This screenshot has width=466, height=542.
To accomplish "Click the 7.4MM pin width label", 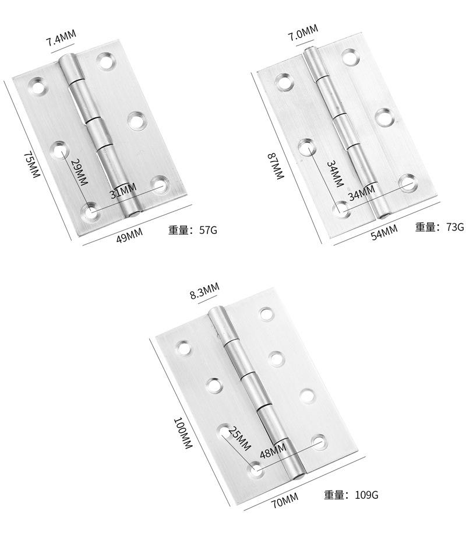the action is click(61, 38).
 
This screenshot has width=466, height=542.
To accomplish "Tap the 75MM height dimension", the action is click(32, 165).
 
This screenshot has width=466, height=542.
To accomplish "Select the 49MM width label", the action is click(129, 235).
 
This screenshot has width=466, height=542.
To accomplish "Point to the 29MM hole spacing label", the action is click(80, 172).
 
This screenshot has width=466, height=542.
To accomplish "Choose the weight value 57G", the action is click(208, 230).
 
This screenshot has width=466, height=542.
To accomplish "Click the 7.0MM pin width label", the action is click(303, 33).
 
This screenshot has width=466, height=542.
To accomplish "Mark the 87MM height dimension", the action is click(276, 166).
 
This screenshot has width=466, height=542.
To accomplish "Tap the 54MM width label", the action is click(384, 232).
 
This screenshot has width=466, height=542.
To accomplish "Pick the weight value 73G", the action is click(455, 227).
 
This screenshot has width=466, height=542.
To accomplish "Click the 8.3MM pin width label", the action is click(204, 291).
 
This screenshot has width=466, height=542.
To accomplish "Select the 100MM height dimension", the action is click(182, 433).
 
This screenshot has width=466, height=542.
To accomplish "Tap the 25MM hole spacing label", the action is click(239, 439).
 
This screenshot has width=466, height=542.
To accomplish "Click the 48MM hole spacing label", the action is click(273, 451).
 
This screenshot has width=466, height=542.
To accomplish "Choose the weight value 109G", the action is click(366, 495).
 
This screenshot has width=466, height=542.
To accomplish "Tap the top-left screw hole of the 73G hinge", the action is click(284, 82).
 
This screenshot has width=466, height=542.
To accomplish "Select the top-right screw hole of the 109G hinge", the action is click(267, 314).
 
